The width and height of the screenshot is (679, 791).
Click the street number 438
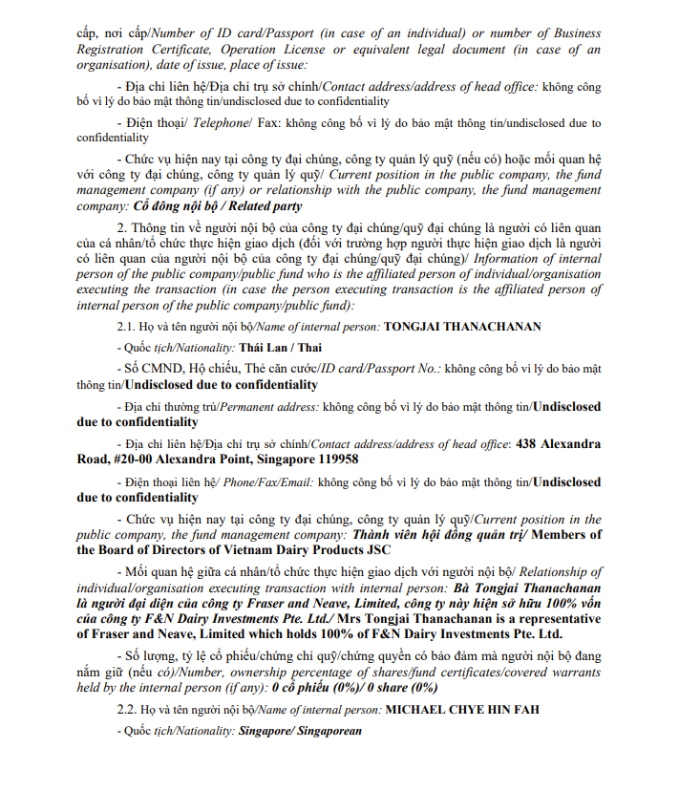point(527,443)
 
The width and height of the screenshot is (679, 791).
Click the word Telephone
point(220,123)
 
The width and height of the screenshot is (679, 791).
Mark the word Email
point(293,482)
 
